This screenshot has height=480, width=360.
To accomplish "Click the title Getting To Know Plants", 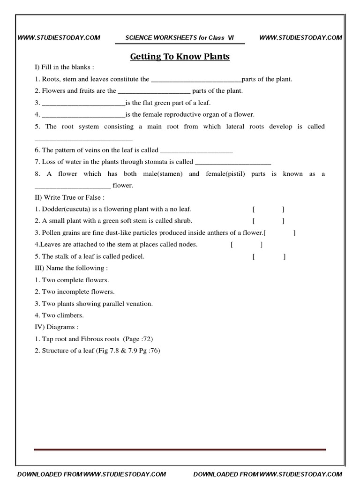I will tap(180, 57).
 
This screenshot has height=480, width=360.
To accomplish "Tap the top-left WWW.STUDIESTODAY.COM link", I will tap(59, 38).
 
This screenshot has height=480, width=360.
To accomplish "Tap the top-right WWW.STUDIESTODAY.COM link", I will tap(300, 38).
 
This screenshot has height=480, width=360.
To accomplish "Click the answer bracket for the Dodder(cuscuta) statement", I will tap(268, 209).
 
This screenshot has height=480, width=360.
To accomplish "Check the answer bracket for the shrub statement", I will tap(268, 221).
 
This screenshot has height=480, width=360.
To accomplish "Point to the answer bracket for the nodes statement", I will tap(247, 245).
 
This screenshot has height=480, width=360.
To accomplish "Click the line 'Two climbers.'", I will tap(59, 315).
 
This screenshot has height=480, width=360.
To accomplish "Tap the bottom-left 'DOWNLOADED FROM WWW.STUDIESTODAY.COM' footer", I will tap(92, 474).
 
